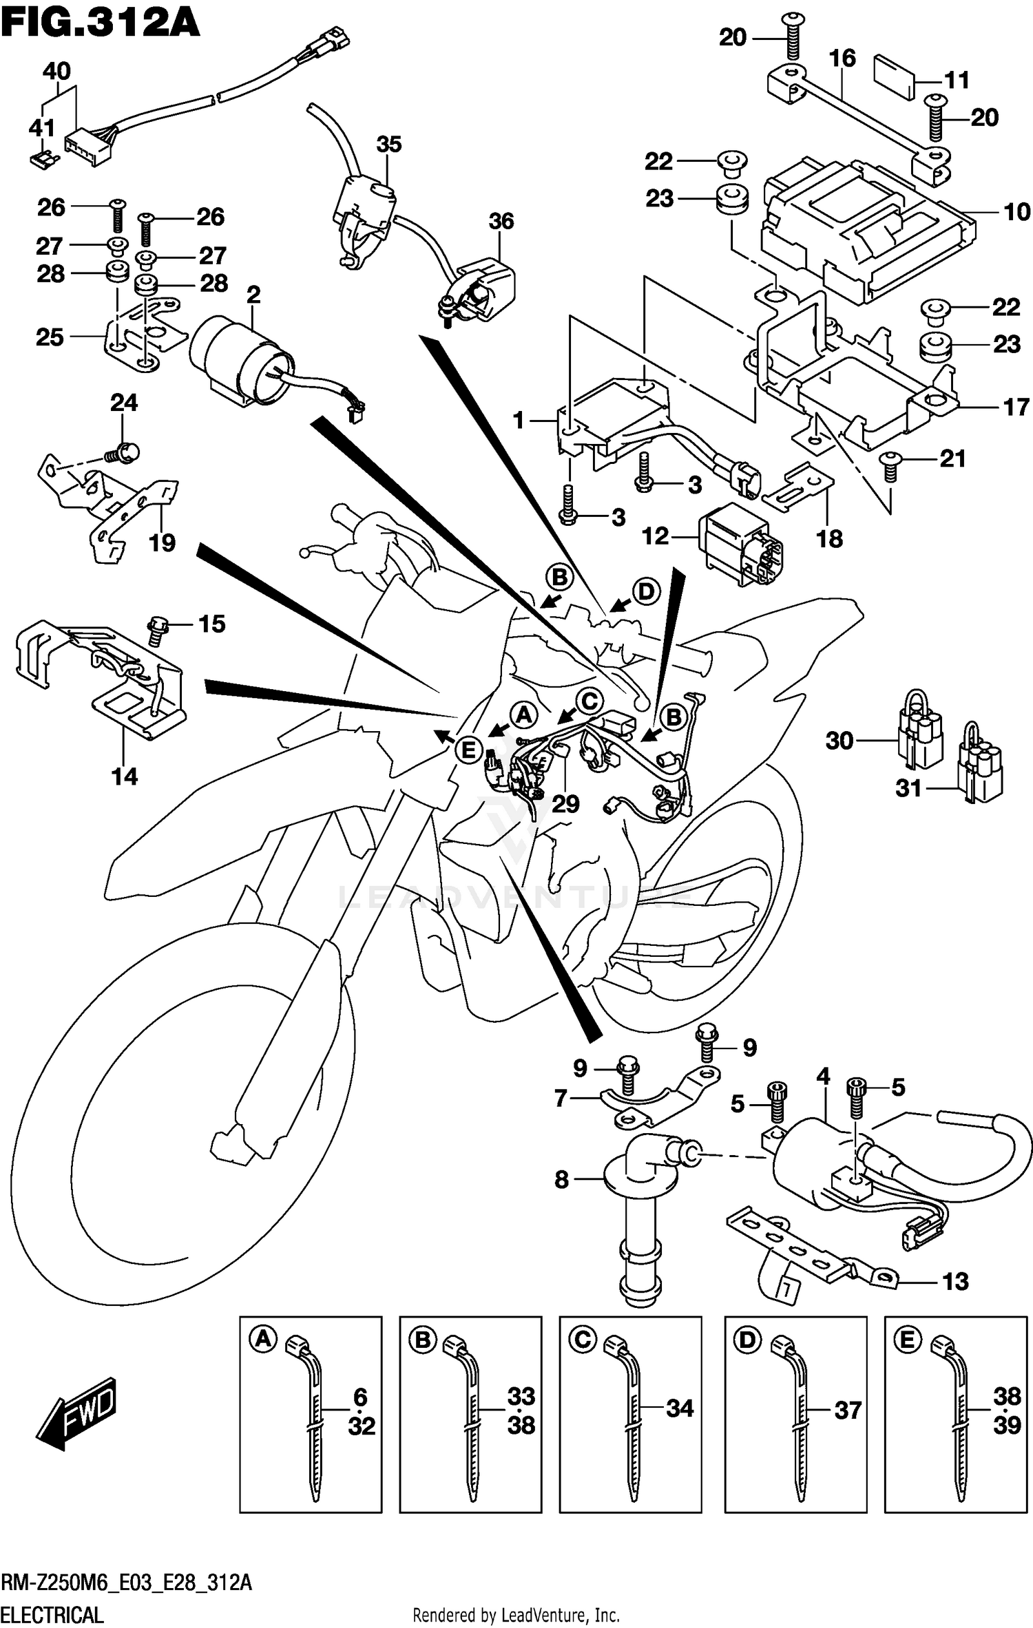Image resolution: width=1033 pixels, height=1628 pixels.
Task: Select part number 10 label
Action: click(x=1016, y=212)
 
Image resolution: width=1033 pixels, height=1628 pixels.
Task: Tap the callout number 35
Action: click(x=388, y=145)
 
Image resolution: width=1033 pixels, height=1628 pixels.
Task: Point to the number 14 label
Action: click(x=125, y=776)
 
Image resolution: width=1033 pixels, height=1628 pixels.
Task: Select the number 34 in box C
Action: click(x=679, y=1408)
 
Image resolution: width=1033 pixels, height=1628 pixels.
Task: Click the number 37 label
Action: click(x=848, y=1410)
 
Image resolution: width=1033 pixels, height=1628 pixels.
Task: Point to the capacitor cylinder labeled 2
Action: click(x=241, y=358)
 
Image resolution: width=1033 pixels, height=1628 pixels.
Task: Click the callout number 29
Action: click(x=565, y=803)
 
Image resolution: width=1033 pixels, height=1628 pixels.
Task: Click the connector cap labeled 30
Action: click(x=919, y=737)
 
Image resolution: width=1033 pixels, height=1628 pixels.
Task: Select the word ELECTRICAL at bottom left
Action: click(x=52, y=1608)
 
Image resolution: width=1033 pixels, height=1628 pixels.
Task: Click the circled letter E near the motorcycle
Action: click(x=468, y=750)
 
